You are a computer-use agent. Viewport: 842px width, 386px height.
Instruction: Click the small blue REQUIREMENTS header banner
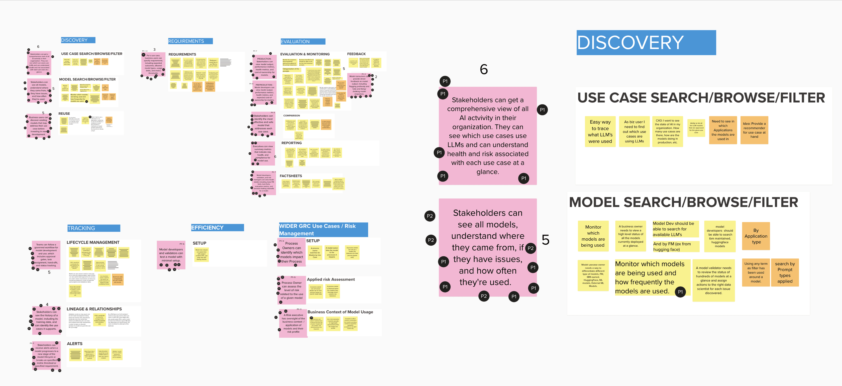click(x=190, y=41)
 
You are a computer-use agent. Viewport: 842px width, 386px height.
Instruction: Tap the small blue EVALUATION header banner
click(x=303, y=42)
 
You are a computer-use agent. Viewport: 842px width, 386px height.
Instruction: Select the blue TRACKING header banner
click(x=93, y=228)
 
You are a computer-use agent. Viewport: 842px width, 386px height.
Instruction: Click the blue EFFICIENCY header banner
click(x=217, y=228)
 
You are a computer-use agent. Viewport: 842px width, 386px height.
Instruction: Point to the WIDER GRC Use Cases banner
click(x=323, y=229)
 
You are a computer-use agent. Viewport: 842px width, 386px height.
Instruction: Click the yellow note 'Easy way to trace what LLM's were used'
click(x=600, y=131)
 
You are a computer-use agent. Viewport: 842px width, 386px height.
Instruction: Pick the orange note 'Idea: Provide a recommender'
click(x=754, y=130)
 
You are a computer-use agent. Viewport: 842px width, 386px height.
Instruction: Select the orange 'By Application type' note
click(x=756, y=236)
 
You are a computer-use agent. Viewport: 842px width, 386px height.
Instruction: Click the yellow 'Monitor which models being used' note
click(x=593, y=236)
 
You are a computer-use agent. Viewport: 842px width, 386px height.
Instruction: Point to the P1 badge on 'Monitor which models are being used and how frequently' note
click(x=680, y=292)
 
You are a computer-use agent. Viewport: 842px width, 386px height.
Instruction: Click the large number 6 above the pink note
click(x=484, y=69)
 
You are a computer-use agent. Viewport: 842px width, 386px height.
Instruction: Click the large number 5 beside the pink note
click(x=545, y=240)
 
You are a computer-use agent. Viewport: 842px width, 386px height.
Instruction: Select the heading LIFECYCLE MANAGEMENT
click(x=93, y=242)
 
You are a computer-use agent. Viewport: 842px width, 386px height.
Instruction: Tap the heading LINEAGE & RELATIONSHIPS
click(x=94, y=309)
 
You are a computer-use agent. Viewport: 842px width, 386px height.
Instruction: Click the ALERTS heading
click(x=74, y=343)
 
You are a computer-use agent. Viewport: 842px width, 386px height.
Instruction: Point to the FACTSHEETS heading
click(x=291, y=176)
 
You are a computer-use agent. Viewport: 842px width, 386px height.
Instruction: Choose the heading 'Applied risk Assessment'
click(x=331, y=279)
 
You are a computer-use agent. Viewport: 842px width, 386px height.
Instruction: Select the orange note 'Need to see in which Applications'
click(x=723, y=130)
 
